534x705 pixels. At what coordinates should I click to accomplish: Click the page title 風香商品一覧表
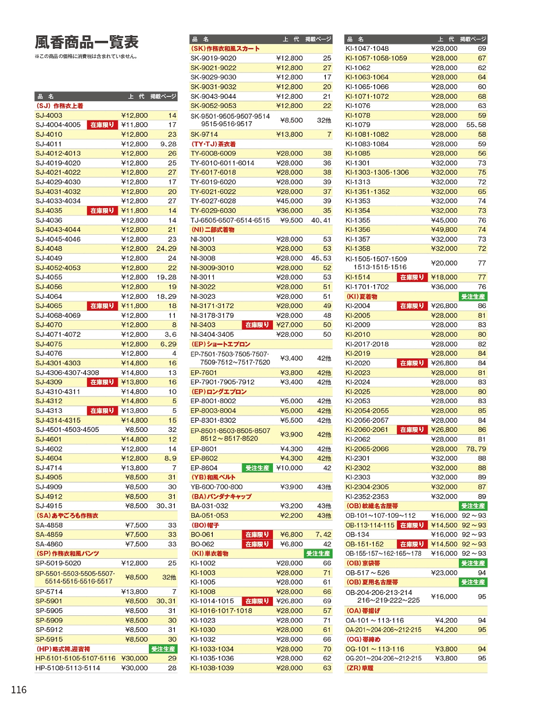(x=86, y=43)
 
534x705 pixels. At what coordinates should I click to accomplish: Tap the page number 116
(x=19, y=690)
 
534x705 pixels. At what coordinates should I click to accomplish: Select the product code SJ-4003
(x=49, y=115)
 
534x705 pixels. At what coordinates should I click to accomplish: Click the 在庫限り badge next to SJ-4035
(x=102, y=211)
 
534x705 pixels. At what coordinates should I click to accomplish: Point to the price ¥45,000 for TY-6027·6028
(x=290, y=201)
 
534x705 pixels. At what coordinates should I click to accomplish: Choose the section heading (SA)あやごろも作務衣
(x=67, y=516)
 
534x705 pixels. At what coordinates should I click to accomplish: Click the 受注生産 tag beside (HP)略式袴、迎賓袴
(x=163, y=649)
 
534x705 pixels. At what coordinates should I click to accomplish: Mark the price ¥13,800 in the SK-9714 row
(x=290, y=134)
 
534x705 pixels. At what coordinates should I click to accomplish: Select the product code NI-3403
(x=203, y=325)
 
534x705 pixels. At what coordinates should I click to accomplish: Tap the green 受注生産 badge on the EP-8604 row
(x=257, y=468)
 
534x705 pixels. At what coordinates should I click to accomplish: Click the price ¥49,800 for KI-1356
(x=444, y=230)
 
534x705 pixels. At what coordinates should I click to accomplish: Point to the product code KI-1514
(x=358, y=277)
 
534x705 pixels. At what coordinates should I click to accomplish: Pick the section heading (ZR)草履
(x=360, y=668)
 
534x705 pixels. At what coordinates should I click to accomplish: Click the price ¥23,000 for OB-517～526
(x=444, y=573)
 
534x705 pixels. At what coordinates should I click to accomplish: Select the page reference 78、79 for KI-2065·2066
(x=476, y=449)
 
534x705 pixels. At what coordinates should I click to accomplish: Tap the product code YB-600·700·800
(x=217, y=487)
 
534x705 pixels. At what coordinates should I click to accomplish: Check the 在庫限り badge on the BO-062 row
(x=257, y=544)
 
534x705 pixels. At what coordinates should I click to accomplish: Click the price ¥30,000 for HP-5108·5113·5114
(x=134, y=668)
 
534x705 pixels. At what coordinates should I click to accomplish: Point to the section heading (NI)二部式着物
(x=213, y=230)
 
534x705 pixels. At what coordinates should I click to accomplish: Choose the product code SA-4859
(x=49, y=534)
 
